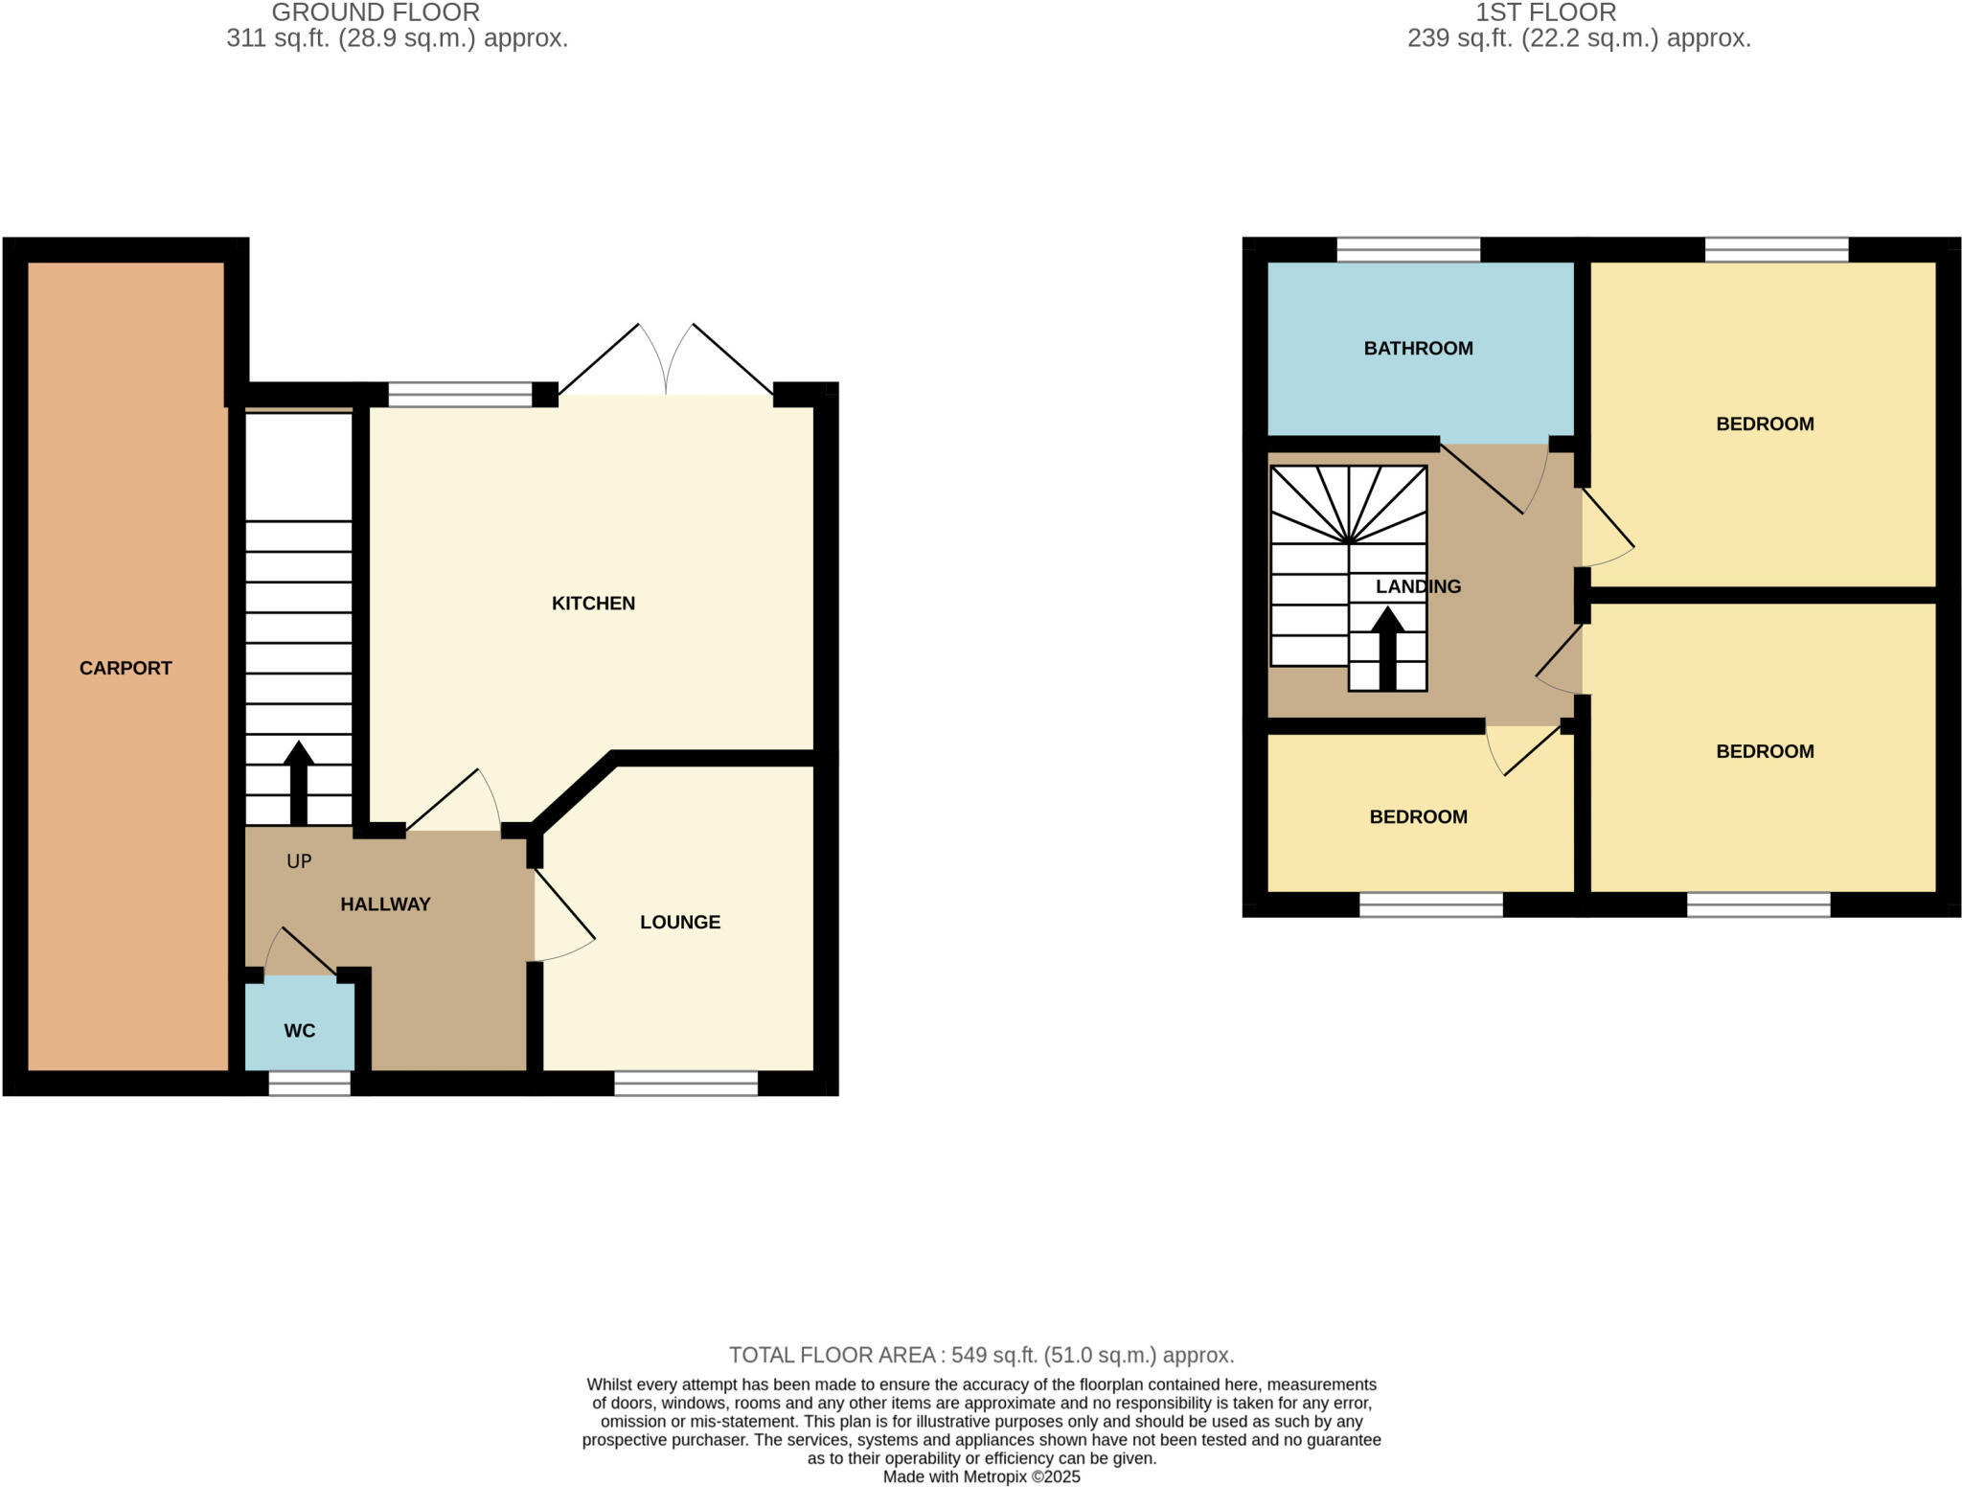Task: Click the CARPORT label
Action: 125,668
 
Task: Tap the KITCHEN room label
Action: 593,603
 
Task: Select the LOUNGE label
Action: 680,922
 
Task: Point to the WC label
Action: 300,1031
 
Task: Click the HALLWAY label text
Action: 385,904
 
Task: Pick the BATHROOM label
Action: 1418,348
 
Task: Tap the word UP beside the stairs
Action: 299,861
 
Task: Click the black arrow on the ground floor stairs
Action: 299,781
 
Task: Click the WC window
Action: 308,1084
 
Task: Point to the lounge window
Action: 686,1084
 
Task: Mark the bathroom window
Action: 1408,250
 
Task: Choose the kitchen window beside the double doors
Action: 460,395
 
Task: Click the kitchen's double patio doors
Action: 666,364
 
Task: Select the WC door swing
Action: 299,953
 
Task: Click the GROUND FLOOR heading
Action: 376,13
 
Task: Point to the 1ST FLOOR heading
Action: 1545,13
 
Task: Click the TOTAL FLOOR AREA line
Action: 981,1355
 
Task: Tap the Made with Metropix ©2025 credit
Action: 981,1476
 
